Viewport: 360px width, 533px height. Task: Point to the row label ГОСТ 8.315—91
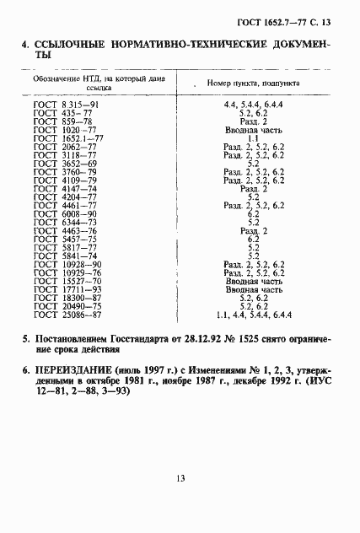(67, 104)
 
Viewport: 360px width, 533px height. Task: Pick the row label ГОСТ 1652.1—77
(69, 139)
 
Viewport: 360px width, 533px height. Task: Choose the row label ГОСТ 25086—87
(67, 315)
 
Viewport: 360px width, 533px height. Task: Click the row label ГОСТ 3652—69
(67, 165)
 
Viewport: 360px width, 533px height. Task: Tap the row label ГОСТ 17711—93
(67, 288)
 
